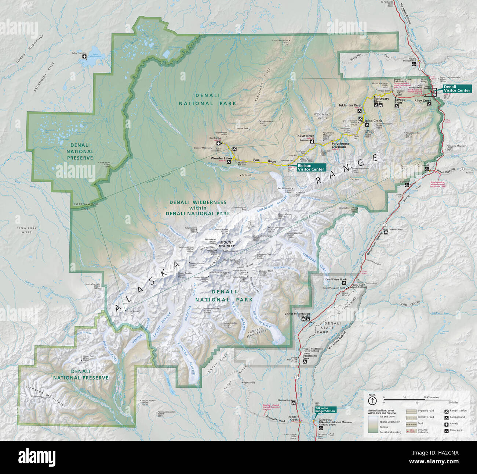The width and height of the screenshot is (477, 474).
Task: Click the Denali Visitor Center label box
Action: (x=456, y=89)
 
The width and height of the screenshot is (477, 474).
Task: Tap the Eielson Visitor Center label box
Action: (x=311, y=168)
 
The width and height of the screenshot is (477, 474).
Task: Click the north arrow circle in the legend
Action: (x=372, y=400)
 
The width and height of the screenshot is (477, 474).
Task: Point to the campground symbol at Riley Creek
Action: (x=429, y=104)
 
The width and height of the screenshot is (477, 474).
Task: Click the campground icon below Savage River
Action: (x=396, y=107)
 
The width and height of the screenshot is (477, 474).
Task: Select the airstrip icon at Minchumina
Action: (x=85, y=57)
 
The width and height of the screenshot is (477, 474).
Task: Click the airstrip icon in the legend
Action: (x=447, y=424)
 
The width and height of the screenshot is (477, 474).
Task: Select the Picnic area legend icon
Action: (x=447, y=430)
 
